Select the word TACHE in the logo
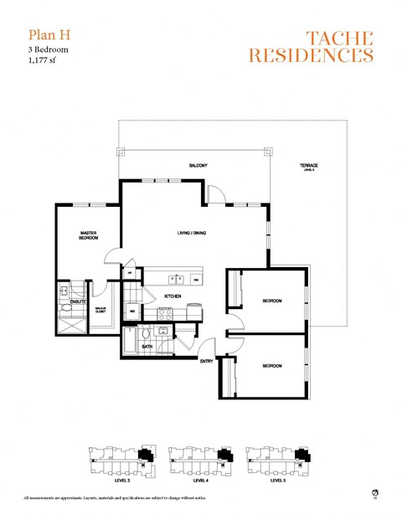(339, 37)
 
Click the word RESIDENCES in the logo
(311, 56)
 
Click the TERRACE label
(309, 166)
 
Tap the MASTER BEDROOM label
(90, 236)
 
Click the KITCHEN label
(173, 296)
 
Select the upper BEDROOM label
(271, 301)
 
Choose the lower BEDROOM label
(271, 366)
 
